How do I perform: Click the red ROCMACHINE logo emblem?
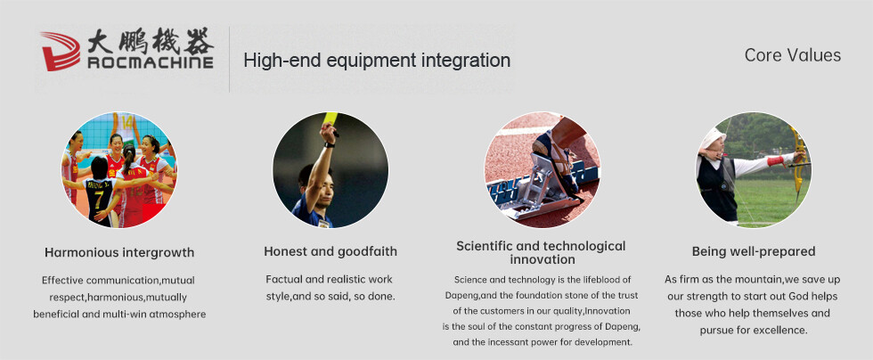tap(61, 51)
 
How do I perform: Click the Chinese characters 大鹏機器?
tap(151, 41)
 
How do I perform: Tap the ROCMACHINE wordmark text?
tap(151, 62)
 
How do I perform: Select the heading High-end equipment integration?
tap(377, 61)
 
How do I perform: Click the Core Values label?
tap(792, 55)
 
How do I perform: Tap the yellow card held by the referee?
tap(330, 119)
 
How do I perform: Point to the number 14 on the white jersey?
tap(127, 122)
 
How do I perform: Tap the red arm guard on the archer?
tap(775, 161)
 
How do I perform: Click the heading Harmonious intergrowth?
tap(119, 252)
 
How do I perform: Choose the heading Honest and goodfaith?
tap(330, 251)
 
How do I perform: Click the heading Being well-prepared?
tap(754, 251)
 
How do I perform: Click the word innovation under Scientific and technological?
tap(543, 259)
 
